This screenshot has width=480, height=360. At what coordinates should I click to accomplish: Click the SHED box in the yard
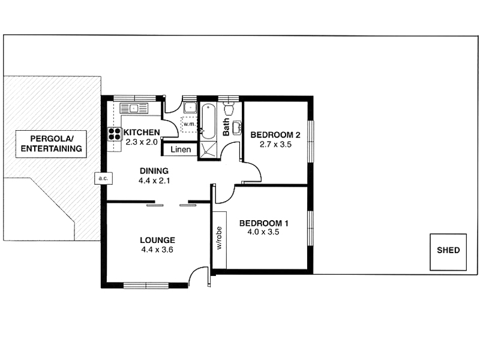coord(448,250)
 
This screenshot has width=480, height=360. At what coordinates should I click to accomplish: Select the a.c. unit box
coord(100,178)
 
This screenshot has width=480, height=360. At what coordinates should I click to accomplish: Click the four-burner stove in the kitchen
coord(114,134)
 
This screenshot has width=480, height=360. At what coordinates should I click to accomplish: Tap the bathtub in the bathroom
coord(208,121)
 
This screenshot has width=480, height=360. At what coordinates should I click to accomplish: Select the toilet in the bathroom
coord(229,110)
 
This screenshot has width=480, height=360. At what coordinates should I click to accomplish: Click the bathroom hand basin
coord(236,127)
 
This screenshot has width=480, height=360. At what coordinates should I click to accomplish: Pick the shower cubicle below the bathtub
coord(208,150)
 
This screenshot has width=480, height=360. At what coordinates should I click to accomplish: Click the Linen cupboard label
coord(181,149)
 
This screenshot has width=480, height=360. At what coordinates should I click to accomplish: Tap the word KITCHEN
coord(142,133)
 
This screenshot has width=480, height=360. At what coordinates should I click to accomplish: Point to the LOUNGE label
coord(157,239)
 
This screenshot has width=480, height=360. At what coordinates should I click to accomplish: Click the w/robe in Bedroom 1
coord(219,239)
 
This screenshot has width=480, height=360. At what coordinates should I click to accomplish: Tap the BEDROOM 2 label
coord(275,134)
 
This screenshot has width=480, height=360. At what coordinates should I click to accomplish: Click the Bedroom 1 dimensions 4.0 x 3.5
coord(259,233)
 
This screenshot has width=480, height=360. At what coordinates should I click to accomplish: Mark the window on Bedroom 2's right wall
coord(311,141)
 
